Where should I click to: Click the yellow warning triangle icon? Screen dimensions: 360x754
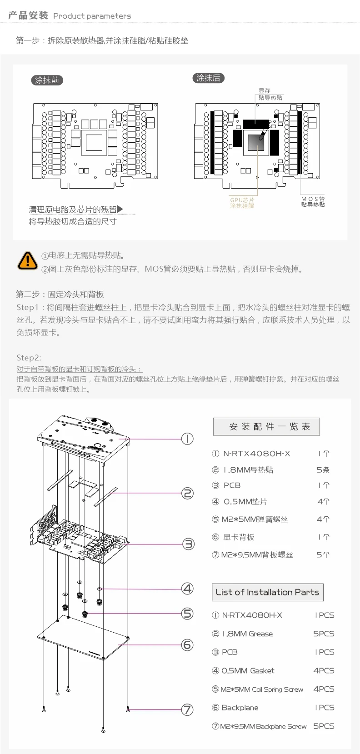tap(28, 261)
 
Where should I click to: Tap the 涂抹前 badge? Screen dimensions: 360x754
tap(47, 80)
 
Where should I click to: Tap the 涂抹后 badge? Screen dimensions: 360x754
tap(208, 78)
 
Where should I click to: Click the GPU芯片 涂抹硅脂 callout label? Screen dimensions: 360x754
tap(242, 203)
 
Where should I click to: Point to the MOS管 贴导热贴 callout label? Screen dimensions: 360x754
tap(313, 202)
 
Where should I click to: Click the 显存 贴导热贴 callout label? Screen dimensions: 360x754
tap(270, 94)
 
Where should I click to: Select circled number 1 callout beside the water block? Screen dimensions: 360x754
tap(187, 439)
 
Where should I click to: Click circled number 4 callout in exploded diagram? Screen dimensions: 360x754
tap(187, 589)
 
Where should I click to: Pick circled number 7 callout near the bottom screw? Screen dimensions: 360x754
tap(187, 709)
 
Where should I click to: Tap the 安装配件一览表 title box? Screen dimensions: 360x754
tap(266, 427)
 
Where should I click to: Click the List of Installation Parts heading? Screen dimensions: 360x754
tap(267, 593)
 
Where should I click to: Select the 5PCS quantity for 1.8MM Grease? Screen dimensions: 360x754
tap(324, 634)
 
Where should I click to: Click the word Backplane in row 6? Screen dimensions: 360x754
tap(240, 708)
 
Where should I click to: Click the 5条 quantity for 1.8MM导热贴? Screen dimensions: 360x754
tap(323, 470)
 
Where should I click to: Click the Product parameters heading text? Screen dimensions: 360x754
tap(92, 16)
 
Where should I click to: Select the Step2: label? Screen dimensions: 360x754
tap(29, 358)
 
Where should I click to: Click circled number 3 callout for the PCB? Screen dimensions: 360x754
tap(188, 544)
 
